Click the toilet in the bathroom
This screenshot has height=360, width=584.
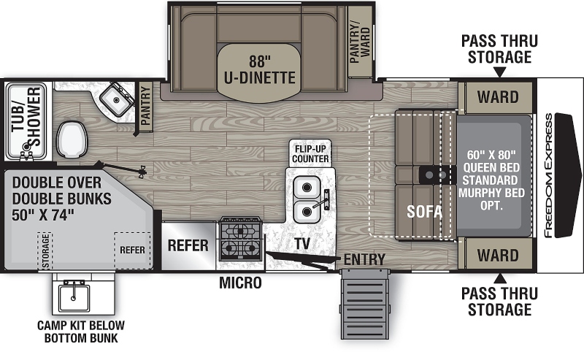click(72, 139)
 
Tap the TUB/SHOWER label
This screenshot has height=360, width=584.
click(26, 117)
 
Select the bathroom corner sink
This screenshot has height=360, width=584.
click(116, 100)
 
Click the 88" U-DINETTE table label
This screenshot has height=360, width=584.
click(260, 69)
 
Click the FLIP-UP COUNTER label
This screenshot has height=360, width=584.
click(310, 153)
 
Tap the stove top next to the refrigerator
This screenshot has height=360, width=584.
click(241, 239)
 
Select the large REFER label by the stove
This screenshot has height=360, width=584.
click(188, 245)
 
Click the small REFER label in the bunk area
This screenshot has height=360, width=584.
click(132, 250)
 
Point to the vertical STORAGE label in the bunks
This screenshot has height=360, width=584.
click(45, 250)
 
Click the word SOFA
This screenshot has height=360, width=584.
click(424, 211)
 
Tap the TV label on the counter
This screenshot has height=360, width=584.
click(302, 244)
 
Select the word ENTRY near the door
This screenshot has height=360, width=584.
click(364, 259)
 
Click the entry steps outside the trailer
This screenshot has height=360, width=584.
click(365, 304)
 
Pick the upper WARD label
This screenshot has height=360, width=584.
click(498, 97)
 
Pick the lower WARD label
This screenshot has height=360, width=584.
click(498, 256)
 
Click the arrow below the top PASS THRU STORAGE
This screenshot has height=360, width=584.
click(500, 72)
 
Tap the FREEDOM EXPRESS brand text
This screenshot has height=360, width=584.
click(548, 175)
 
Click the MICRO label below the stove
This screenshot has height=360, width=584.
click(240, 283)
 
